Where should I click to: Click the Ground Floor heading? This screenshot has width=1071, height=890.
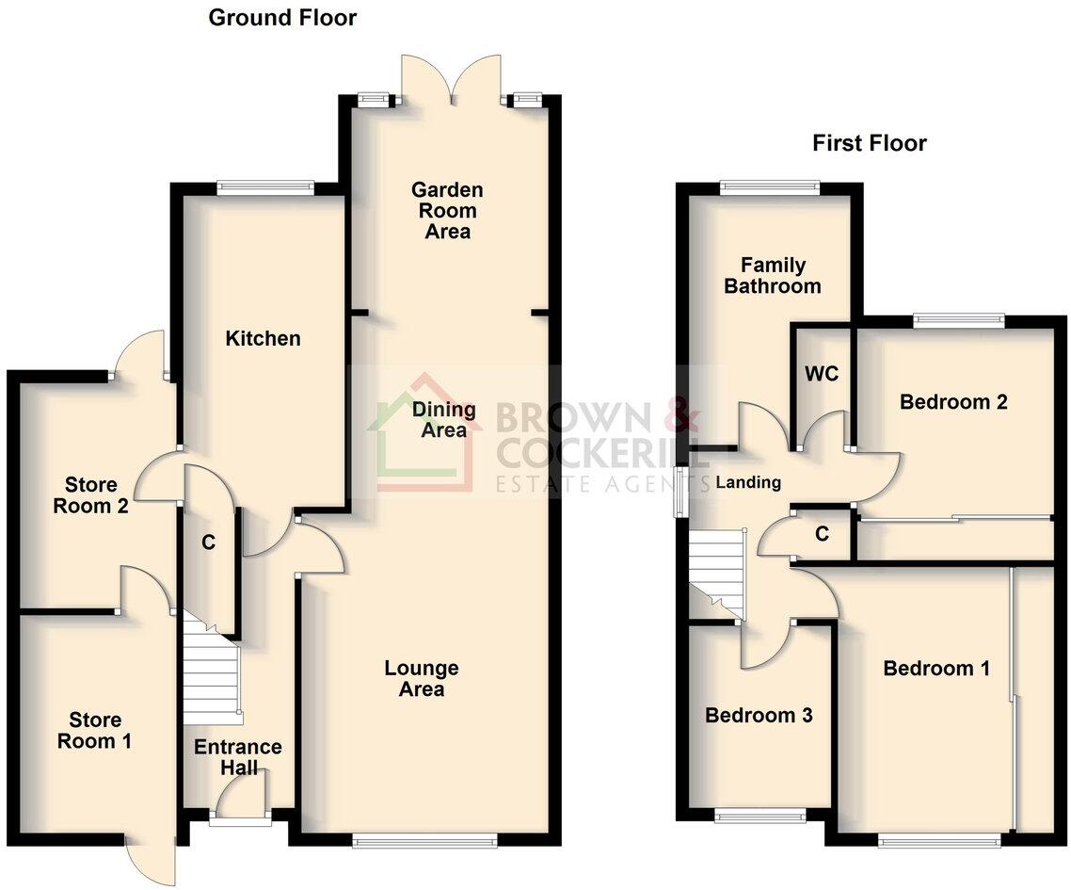(x=282, y=17)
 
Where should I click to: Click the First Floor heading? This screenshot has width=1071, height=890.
(x=869, y=143)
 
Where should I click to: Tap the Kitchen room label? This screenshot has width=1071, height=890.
(x=263, y=338)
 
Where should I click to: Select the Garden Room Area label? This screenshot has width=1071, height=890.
(x=447, y=211)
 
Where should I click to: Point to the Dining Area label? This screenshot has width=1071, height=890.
(x=444, y=420)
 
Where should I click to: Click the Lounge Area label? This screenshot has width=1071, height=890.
(x=422, y=678)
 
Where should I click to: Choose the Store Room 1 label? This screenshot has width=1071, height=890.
(x=94, y=731)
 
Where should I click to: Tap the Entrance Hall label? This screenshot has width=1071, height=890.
(x=238, y=757)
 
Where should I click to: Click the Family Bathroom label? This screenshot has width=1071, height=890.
(x=772, y=275)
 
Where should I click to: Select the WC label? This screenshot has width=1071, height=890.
(x=821, y=373)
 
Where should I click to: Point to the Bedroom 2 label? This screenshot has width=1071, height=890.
(x=953, y=402)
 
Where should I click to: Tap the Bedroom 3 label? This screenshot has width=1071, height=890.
(x=759, y=716)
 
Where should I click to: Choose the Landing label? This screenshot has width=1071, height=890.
(x=748, y=482)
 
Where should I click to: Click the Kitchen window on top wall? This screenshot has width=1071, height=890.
(x=264, y=187)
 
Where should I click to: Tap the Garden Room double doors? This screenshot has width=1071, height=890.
(x=453, y=81)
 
